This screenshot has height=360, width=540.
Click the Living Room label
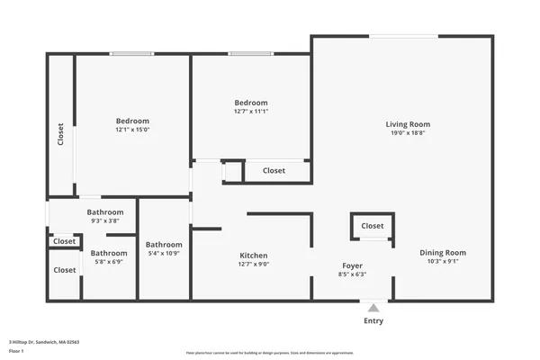point(408,124)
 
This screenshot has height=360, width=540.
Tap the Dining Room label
point(443,253)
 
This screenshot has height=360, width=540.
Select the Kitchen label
point(253,256)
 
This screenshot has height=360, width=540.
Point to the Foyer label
point(352,265)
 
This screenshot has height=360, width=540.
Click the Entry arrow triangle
point(373,308)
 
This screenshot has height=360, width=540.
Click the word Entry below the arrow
point(373,321)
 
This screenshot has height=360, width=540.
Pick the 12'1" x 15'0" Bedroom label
point(132,121)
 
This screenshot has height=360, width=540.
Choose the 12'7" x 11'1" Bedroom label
point(251,103)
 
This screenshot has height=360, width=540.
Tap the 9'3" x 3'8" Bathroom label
point(105,211)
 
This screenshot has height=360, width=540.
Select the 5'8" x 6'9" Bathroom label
point(109,253)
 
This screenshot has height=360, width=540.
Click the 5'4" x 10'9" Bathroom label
point(164,245)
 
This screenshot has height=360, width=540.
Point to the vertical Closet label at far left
point(60,134)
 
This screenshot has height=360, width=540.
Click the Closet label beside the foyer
point(372,226)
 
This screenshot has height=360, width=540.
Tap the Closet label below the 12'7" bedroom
point(274,170)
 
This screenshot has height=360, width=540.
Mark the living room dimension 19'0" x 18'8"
point(408,133)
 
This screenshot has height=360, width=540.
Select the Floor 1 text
point(15,351)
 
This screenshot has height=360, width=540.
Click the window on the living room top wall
point(404,36)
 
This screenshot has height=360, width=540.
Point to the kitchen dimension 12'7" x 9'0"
point(253,265)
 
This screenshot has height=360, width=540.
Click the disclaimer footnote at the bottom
point(270,354)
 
